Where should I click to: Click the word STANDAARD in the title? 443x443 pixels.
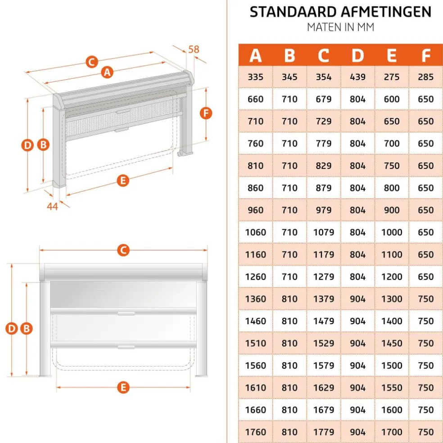click(x=288, y=12)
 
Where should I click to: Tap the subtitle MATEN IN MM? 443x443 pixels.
click(x=340, y=27)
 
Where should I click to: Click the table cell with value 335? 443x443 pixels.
click(x=255, y=77)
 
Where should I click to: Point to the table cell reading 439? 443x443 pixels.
click(x=357, y=77)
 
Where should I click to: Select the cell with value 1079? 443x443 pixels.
click(x=323, y=232)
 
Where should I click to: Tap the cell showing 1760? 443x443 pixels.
click(x=255, y=432)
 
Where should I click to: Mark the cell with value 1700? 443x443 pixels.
click(x=392, y=432)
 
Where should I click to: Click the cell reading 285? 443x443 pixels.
click(x=425, y=77)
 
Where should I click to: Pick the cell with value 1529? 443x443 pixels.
click(x=323, y=343)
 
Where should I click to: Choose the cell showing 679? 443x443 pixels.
click(x=323, y=99)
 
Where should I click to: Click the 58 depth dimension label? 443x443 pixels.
click(x=194, y=49)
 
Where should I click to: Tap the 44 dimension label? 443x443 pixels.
click(x=53, y=206)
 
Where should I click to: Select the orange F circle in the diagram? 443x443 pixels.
click(x=206, y=113)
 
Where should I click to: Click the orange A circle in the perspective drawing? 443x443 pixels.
click(x=107, y=72)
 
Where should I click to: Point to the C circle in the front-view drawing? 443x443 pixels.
click(x=123, y=250)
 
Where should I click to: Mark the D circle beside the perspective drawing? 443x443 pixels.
click(x=28, y=145)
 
